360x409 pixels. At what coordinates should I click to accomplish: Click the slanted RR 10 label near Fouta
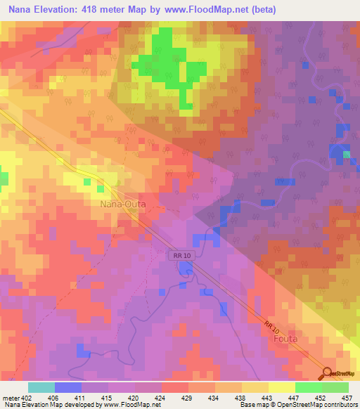tap(273, 324)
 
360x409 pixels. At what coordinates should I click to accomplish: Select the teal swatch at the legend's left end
tap(41, 387)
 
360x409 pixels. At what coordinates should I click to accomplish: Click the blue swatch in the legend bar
tap(68, 387)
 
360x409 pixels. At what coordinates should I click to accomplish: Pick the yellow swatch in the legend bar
tap(281, 387)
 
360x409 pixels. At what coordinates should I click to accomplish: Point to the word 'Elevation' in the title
tap(63, 10)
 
